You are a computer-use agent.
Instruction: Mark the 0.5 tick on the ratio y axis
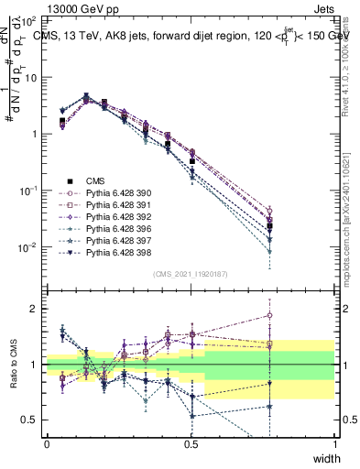(29, 420)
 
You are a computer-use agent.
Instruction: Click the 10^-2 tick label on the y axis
(27, 247)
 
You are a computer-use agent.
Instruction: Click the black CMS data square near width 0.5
(191, 161)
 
